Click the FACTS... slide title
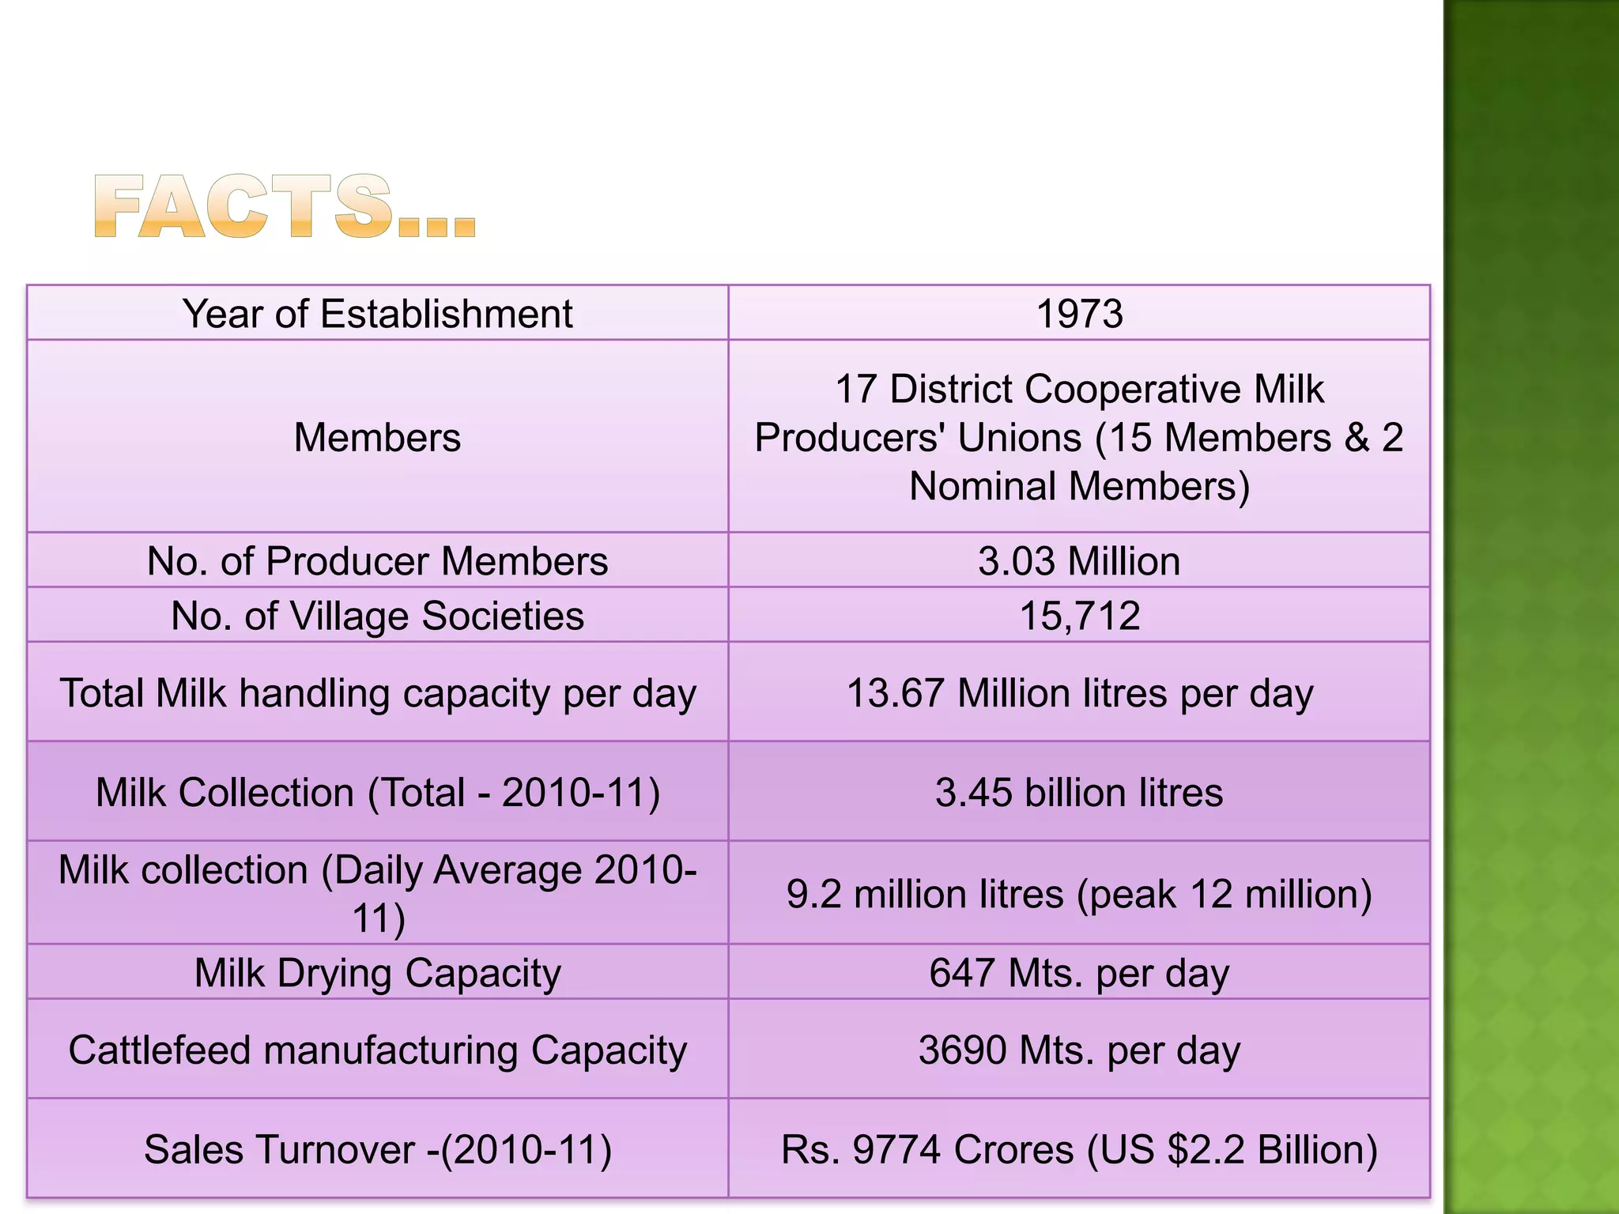pyautogui.click(x=285, y=207)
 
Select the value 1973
pyautogui.click(x=1079, y=314)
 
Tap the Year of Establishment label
pyautogui.click(x=377, y=314)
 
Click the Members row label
pyautogui.click(x=377, y=437)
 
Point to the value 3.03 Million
pyautogui.click(x=1079, y=561)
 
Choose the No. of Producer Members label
pyautogui.click(x=377, y=561)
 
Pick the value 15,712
pyautogui.click(x=1079, y=616)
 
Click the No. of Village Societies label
pyautogui.click(x=377, y=616)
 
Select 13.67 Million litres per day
pyautogui.click(x=1079, y=693)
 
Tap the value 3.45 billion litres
pyautogui.click(x=1079, y=792)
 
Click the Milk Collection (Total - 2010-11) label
pyautogui.click(x=377, y=792)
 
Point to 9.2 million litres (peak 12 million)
pyautogui.click(x=1079, y=894)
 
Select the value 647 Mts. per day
pyautogui.click(x=1079, y=972)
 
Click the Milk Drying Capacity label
pyautogui.click(x=377, y=972)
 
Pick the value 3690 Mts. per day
pyautogui.click(x=1079, y=1050)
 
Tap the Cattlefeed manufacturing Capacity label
pyautogui.click(x=377, y=1050)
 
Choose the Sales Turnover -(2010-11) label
pyautogui.click(x=377, y=1149)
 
